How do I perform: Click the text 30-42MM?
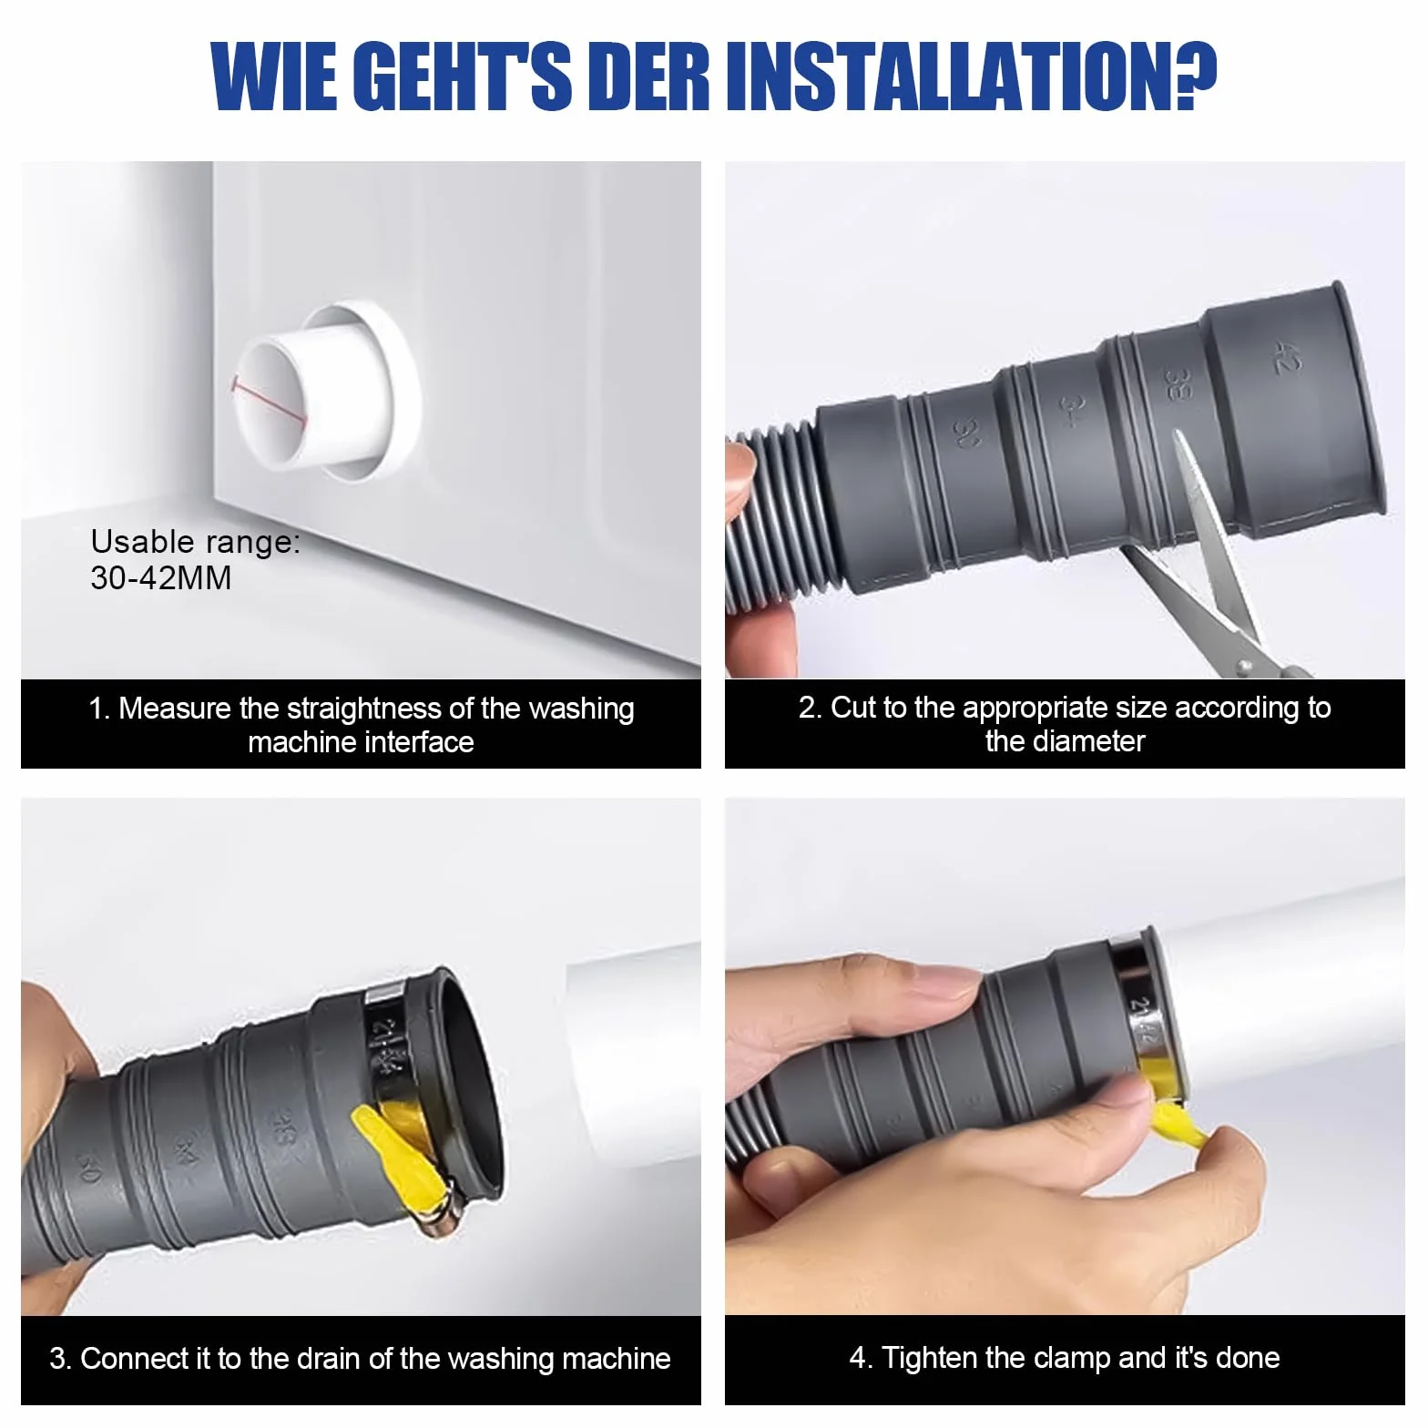(x=161, y=577)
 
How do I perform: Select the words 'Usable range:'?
(x=195, y=542)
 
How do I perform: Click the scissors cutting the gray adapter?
(x=1211, y=565)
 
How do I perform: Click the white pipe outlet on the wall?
(x=323, y=390)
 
